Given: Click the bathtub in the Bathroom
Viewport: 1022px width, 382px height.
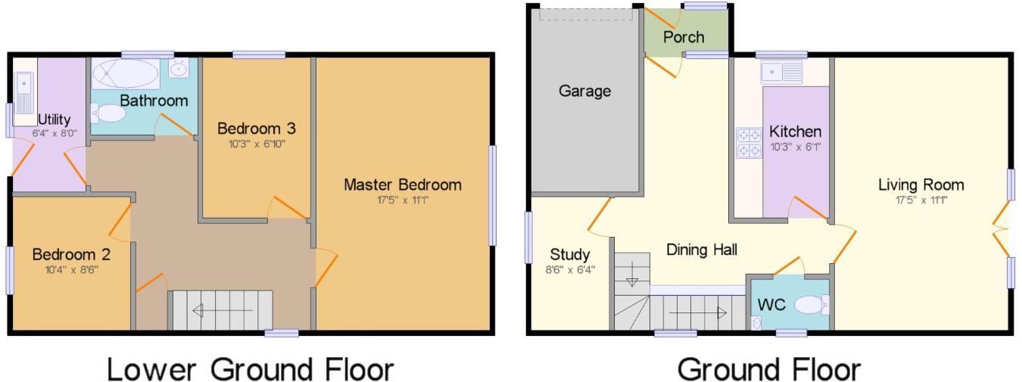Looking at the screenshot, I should pyautogui.click(x=126, y=75).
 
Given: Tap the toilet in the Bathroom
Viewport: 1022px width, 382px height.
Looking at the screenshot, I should pyautogui.click(x=110, y=113).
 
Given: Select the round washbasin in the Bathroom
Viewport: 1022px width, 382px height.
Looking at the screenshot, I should pyautogui.click(x=179, y=70).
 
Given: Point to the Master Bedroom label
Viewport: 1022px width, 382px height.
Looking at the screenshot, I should pyautogui.click(x=402, y=185).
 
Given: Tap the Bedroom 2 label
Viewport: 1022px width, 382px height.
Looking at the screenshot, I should pyautogui.click(x=65, y=254).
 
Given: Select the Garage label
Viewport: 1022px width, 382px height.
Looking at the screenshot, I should pyautogui.click(x=584, y=91).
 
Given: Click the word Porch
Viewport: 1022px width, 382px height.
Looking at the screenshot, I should pyautogui.click(x=684, y=36).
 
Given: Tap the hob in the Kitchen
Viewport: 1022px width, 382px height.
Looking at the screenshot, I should pyautogui.click(x=749, y=143).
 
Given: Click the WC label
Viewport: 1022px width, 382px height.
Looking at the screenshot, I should pyautogui.click(x=772, y=305).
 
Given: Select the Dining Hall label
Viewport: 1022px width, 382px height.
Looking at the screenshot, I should pyautogui.click(x=702, y=249).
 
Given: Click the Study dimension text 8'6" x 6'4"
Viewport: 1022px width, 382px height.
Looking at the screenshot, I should pyautogui.click(x=570, y=269).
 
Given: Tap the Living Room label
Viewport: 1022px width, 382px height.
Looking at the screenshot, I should pyautogui.click(x=921, y=185).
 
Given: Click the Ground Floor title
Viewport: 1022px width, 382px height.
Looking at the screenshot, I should pyautogui.click(x=768, y=369).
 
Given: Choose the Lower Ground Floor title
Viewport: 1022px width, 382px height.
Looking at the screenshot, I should pyautogui.click(x=251, y=369).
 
